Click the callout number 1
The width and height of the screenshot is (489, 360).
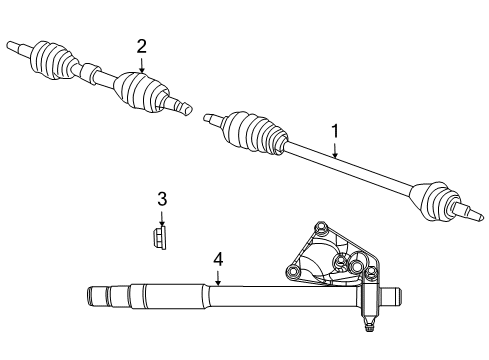[x=335, y=130]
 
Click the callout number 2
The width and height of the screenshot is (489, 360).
[x=142, y=45]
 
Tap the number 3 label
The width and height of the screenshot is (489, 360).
[x=162, y=199]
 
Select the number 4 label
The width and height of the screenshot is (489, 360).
[x=218, y=260]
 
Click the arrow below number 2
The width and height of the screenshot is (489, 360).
[x=142, y=63]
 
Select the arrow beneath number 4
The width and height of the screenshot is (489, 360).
[x=218, y=279]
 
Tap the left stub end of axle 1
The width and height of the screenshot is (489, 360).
[x=209, y=119]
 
